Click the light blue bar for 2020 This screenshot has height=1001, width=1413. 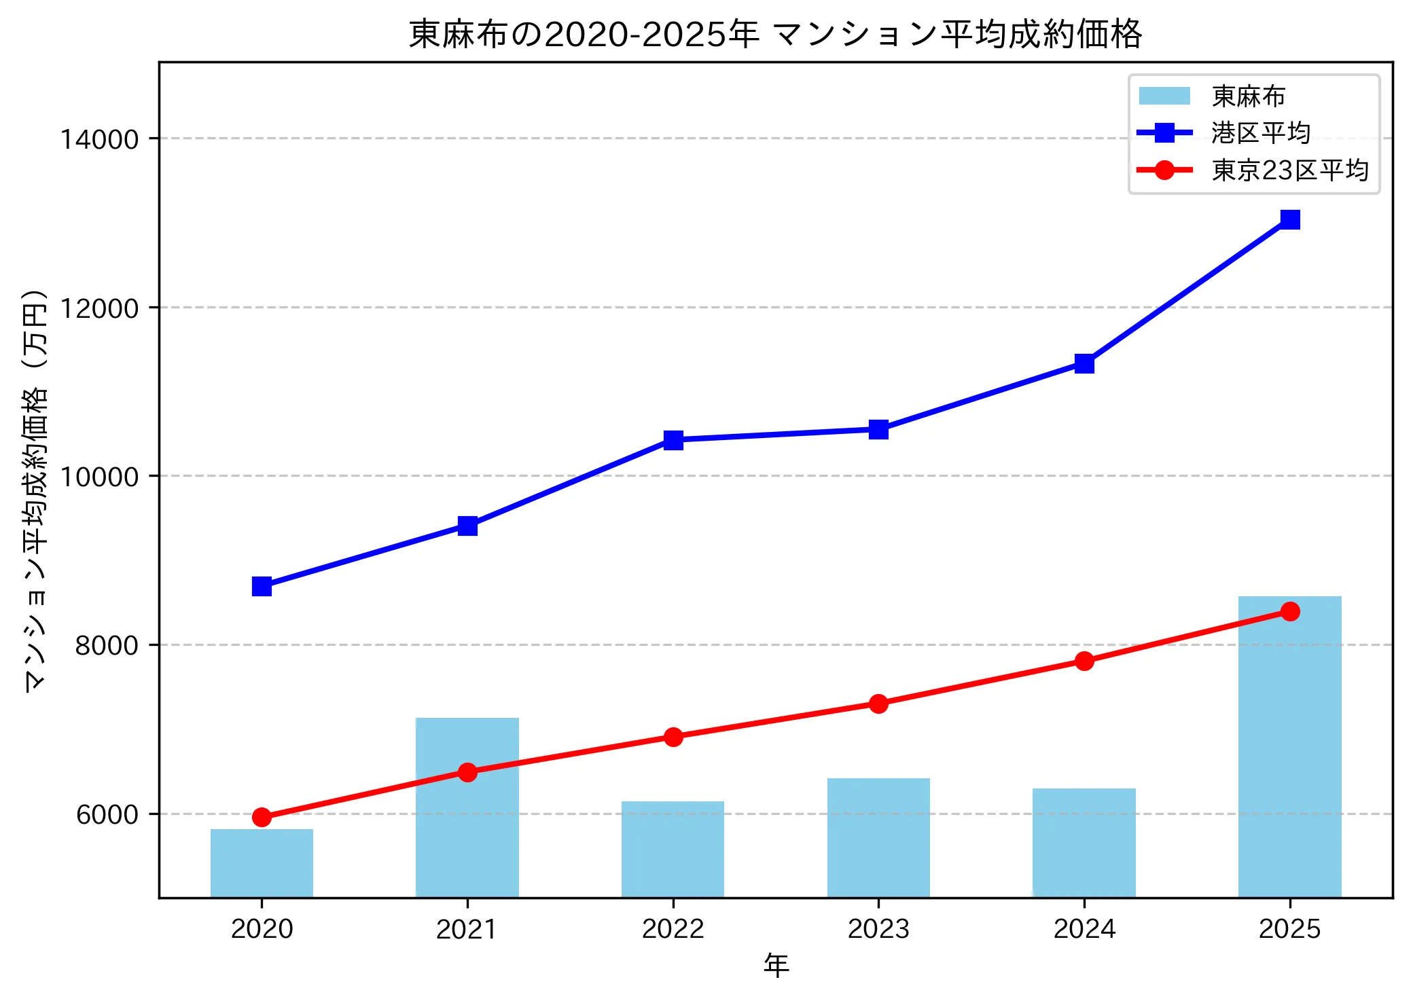tap(262, 862)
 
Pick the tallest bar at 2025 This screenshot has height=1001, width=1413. tap(1289, 747)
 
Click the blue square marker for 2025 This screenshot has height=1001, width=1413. tap(1290, 219)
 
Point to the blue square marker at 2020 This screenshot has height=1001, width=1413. tap(262, 586)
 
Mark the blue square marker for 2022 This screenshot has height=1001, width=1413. tap(673, 440)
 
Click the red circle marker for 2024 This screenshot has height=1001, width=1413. tap(1084, 661)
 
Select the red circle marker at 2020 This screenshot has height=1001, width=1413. tap(262, 817)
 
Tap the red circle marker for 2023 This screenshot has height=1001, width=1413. tap(878, 704)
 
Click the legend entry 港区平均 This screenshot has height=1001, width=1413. tap(1260, 132)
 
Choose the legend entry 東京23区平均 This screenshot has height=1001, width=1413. tap(1289, 170)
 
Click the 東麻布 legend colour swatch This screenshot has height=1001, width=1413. tap(1164, 96)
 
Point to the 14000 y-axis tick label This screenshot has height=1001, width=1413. tap(99, 139)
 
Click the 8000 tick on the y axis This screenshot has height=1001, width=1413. tap(107, 645)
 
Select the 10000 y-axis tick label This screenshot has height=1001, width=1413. tap(99, 477)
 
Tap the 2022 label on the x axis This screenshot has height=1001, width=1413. tap(673, 928)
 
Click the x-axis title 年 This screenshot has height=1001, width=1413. tap(776, 965)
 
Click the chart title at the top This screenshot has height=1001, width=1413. tap(776, 34)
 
